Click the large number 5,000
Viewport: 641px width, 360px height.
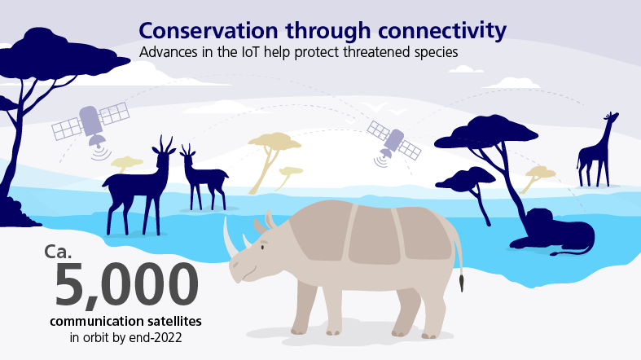(x=126, y=285)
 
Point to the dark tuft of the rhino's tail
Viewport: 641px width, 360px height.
(x=462, y=283)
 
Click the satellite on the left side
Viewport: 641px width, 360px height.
(x=90, y=123)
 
